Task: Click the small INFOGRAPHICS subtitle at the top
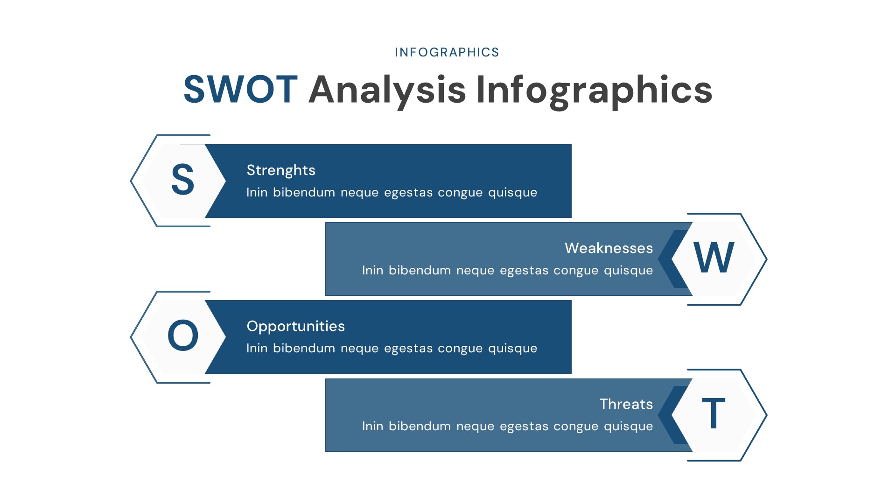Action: tap(447, 52)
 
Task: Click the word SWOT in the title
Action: tap(240, 90)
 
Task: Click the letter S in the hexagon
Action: tap(182, 180)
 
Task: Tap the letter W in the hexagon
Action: tap(714, 258)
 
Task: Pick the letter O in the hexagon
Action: tap(182, 336)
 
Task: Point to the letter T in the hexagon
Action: tap(714, 413)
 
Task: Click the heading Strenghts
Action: tap(281, 170)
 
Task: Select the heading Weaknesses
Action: tap(609, 248)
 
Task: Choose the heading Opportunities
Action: tap(295, 326)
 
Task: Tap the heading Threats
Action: tap(626, 404)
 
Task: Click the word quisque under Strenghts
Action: tap(512, 193)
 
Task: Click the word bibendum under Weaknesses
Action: tap(420, 271)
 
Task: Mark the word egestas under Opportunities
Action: tap(408, 349)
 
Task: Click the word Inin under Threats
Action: tap(372, 427)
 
